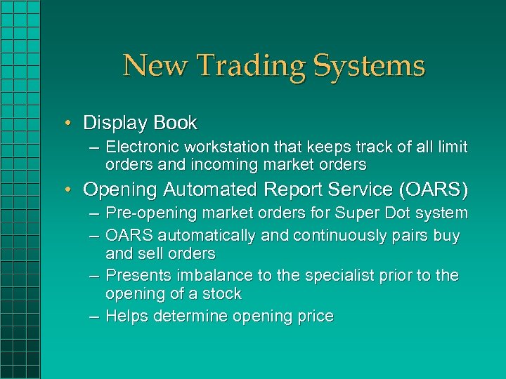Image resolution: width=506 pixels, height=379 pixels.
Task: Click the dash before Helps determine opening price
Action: [x=93, y=317]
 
